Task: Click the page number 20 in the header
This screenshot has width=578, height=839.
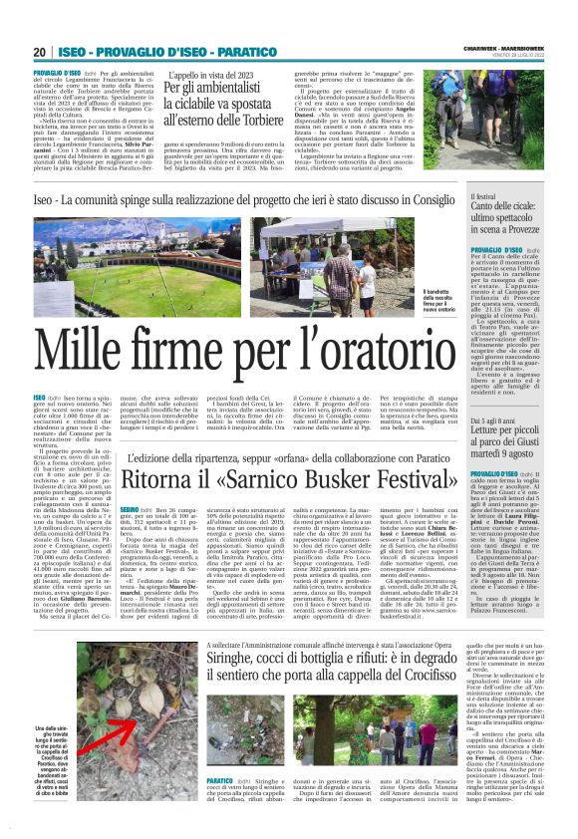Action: click(39, 53)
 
